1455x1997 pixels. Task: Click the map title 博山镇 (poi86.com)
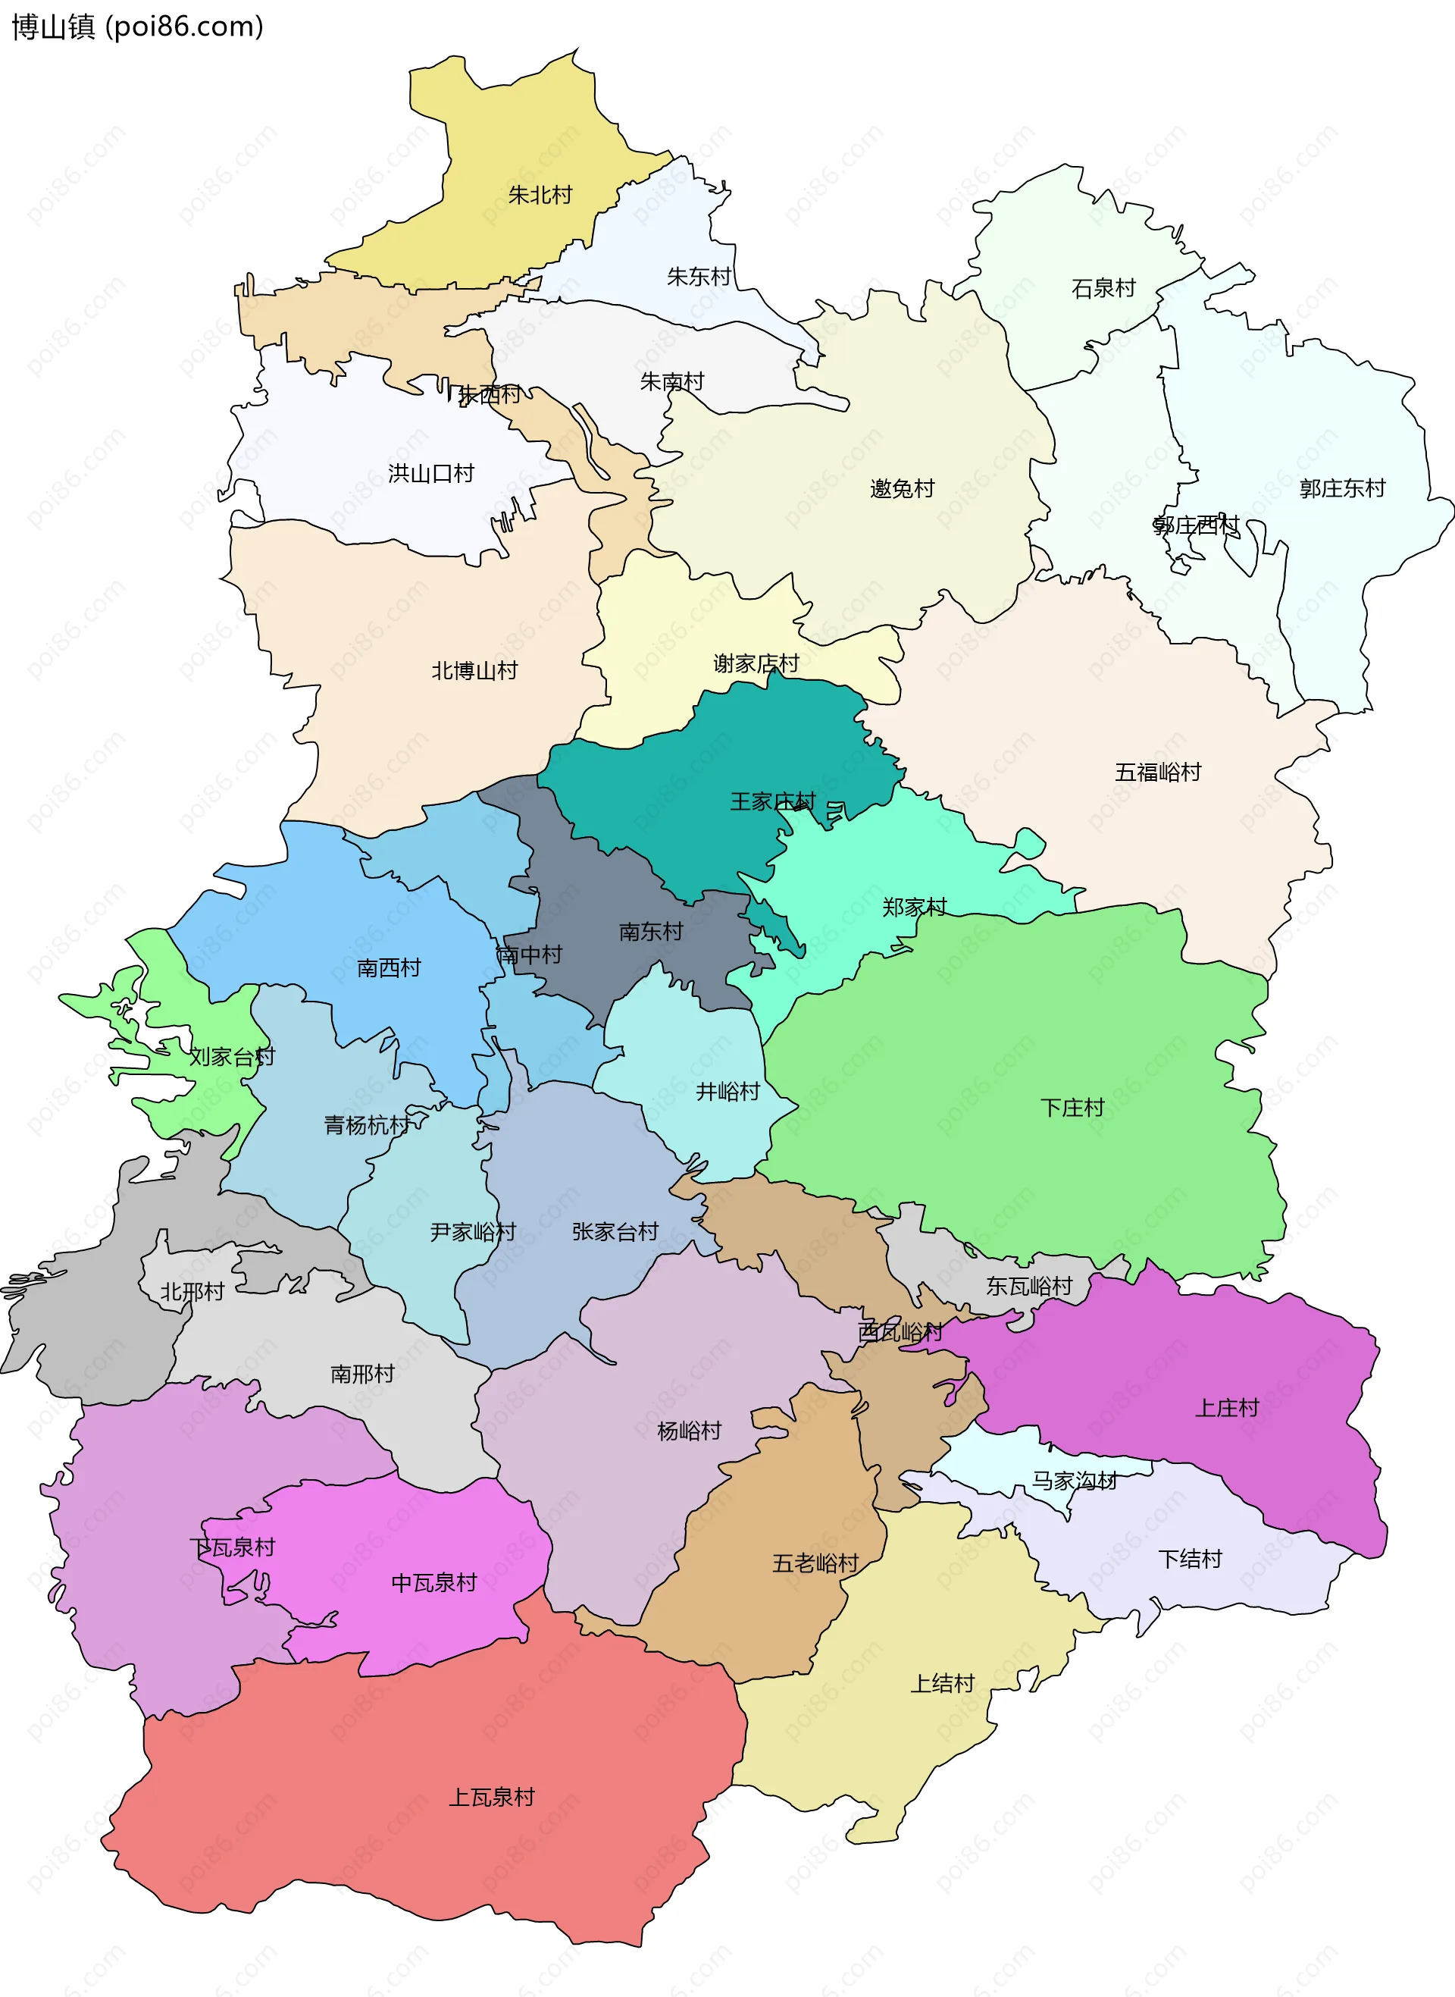(137, 27)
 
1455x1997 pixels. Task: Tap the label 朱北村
(540, 195)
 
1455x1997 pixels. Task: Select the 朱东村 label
(699, 277)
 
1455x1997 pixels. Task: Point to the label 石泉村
(1103, 288)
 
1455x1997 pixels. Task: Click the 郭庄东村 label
(1341, 488)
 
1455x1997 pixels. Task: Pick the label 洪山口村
(430, 474)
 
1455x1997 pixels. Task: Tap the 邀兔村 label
(901, 488)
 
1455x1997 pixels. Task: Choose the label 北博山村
(474, 670)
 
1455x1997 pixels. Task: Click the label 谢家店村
(756, 663)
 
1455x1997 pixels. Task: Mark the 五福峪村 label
(1157, 773)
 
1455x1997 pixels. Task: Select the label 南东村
(651, 931)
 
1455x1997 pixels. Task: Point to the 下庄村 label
(1072, 1107)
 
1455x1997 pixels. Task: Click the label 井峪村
(727, 1092)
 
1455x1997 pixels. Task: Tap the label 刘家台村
(232, 1056)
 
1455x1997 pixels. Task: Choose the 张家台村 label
(615, 1231)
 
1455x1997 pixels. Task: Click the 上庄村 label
(1226, 1408)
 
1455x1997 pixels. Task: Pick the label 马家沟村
(1074, 1481)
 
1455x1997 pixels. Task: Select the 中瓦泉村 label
(433, 1583)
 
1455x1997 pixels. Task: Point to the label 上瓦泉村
(492, 1797)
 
